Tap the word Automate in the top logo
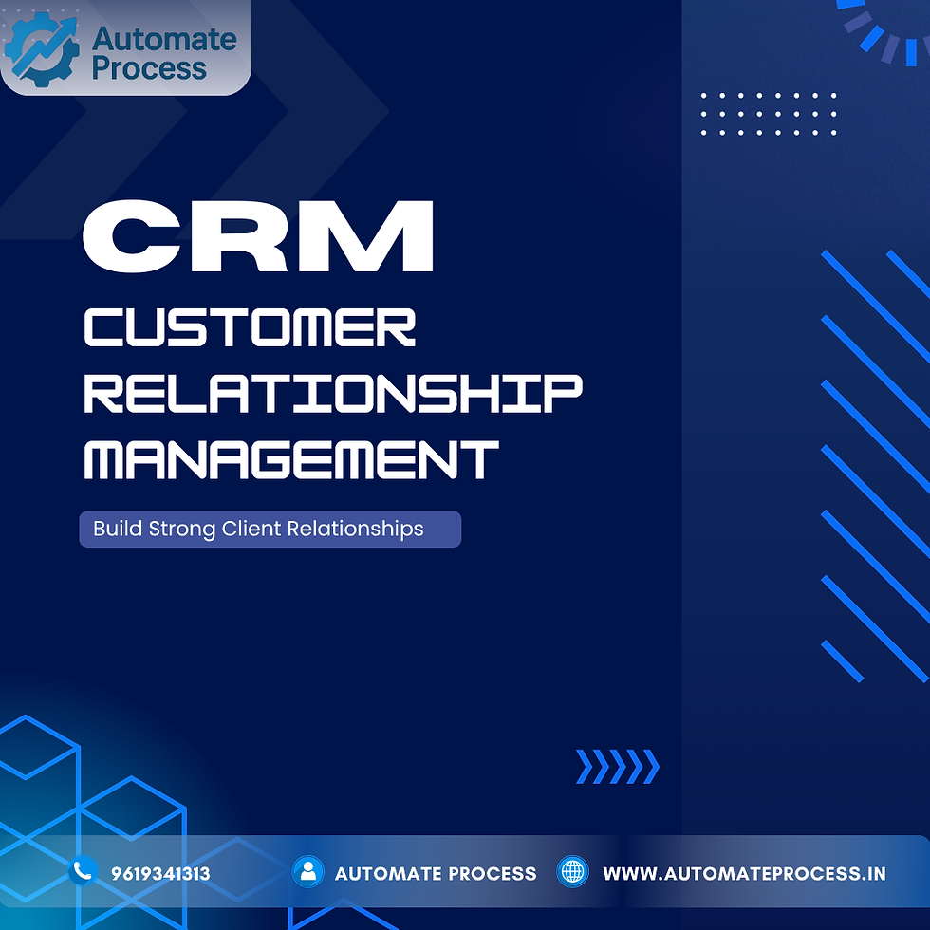coord(164,39)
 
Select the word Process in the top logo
coord(149,68)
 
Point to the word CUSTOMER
coord(251,327)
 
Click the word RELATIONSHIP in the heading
coord(332,394)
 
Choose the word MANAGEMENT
coord(291,458)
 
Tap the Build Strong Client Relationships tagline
coord(270,529)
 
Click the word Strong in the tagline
coord(182,529)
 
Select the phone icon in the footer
coord(84,869)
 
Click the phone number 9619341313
coord(160,873)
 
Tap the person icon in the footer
coord(307,872)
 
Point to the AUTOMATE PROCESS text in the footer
coord(436,873)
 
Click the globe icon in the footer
coord(573,872)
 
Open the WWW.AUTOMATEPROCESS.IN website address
coord(745,873)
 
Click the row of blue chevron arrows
coord(617,767)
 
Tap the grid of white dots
coord(769,114)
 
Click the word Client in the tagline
coord(251,529)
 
